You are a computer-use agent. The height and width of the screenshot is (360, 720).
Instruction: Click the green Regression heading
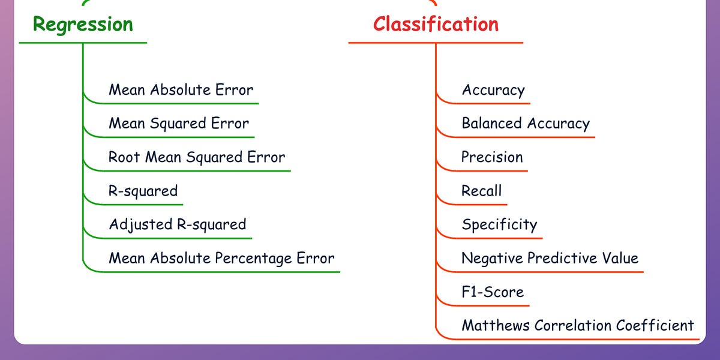tap(83, 25)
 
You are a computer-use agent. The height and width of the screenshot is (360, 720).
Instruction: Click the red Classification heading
tap(436, 25)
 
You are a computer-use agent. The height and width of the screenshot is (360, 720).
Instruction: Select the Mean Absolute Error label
tap(181, 90)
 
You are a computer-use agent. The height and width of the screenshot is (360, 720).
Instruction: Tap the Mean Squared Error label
tap(178, 124)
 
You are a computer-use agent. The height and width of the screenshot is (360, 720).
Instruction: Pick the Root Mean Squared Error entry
tap(196, 157)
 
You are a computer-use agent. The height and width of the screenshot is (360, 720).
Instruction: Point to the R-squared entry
tap(143, 191)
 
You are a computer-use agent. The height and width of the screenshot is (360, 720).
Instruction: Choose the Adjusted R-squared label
tap(177, 224)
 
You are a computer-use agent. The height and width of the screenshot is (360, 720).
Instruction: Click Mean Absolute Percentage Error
tap(221, 259)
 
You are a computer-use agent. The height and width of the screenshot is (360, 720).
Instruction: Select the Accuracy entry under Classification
tap(493, 90)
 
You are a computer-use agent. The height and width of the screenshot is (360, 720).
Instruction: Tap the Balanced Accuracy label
tap(526, 124)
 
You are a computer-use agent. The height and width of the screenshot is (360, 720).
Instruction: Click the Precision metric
tap(492, 157)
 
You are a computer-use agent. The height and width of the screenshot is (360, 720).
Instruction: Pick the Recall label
tap(481, 191)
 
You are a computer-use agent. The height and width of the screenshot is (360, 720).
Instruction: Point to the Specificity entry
tap(499, 225)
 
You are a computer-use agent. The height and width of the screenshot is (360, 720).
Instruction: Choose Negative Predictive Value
tap(550, 259)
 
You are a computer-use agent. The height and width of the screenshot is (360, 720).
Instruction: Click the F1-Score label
tap(493, 292)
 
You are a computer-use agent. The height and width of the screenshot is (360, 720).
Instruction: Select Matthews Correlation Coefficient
tap(577, 326)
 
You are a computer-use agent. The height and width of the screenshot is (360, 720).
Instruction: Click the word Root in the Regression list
tap(124, 157)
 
